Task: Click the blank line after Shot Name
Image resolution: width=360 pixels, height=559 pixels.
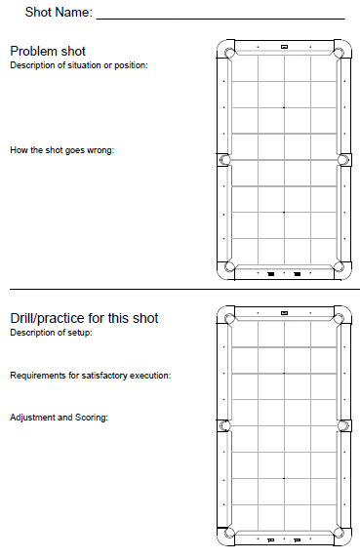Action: tap(220, 19)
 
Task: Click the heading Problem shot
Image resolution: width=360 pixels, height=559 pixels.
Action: tap(48, 52)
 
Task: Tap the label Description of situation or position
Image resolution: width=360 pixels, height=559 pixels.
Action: tap(79, 65)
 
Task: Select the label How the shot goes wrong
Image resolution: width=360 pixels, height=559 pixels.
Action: tap(62, 150)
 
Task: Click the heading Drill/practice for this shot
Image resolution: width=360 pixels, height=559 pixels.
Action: tap(84, 318)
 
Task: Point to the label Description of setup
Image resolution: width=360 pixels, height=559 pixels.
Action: tap(51, 333)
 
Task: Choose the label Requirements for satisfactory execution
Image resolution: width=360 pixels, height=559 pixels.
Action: tap(91, 376)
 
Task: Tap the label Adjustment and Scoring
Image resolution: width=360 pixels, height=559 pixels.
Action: tap(59, 418)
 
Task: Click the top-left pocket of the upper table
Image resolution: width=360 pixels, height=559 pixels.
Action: tap(229, 53)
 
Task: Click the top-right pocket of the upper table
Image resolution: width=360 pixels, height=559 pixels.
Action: tap(339, 53)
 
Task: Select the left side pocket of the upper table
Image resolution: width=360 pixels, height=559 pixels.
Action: tap(224, 160)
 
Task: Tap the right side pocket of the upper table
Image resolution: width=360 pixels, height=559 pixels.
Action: tap(343, 160)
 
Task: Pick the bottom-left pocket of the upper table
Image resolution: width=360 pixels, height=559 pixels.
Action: tap(229, 266)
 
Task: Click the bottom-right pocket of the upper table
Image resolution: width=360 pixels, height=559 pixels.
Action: tap(339, 266)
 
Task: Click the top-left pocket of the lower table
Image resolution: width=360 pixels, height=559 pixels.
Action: tap(229, 319)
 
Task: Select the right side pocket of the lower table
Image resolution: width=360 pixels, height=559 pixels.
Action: tap(343, 425)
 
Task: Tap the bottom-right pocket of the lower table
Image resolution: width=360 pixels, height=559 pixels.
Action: tap(339, 533)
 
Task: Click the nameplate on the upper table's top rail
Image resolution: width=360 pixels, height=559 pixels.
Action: tap(284, 47)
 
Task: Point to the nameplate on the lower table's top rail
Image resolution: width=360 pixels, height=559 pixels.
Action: tap(284, 313)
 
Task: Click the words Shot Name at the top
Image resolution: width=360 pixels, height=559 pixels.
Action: tap(59, 12)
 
